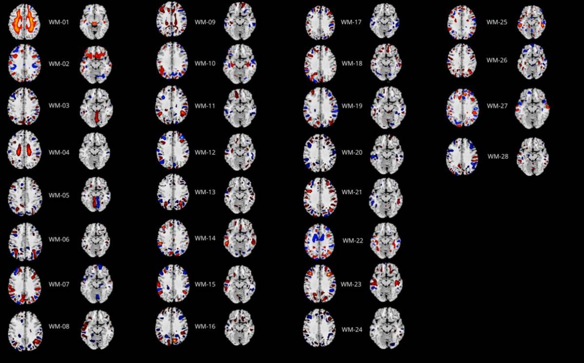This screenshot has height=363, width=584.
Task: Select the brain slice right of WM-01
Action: (x=96, y=22)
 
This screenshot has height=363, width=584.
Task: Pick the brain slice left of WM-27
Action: (x=461, y=107)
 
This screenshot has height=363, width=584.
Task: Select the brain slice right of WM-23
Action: (x=387, y=282)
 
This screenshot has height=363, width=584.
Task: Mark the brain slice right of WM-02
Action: (x=96, y=64)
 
